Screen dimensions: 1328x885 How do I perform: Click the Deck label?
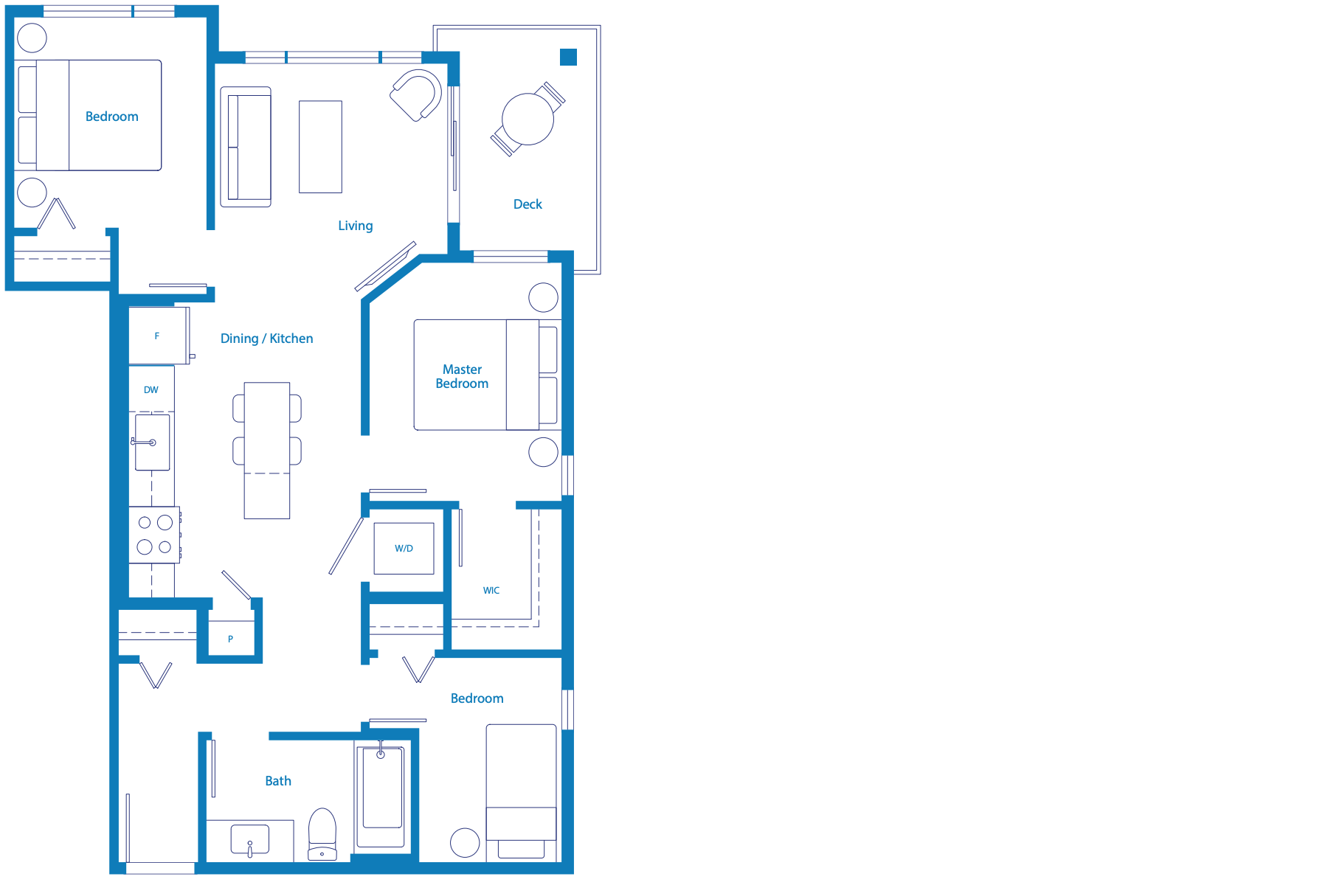point(528,204)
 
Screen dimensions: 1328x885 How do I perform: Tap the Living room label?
point(356,226)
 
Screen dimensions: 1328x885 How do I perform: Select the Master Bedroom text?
point(462,376)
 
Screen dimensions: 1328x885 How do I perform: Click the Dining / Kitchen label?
point(266,339)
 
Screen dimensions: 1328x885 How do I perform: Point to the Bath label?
point(278,781)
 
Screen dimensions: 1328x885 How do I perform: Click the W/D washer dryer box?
point(404,549)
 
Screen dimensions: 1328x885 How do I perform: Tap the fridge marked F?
point(158,336)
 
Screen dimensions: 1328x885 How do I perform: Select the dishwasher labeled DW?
point(151,389)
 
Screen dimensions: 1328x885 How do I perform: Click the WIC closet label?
point(491,590)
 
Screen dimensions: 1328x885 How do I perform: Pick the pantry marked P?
point(231,638)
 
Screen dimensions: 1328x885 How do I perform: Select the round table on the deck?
point(528,119)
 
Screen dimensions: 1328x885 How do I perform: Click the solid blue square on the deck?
point(568,57)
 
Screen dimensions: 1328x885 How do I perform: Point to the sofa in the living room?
point(246,147)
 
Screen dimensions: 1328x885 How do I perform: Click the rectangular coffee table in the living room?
point(320,147)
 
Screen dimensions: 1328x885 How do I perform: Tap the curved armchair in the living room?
point(416,95)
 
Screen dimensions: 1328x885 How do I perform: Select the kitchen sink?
point(152,442)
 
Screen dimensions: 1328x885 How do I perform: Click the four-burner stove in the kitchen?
point(154,535)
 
